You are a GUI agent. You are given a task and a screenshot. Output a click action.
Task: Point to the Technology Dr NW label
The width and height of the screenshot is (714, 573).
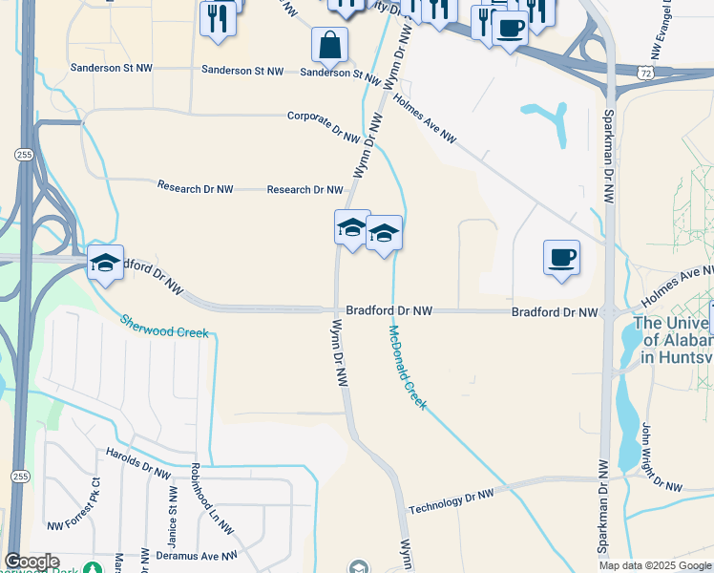click(x=451, y=502)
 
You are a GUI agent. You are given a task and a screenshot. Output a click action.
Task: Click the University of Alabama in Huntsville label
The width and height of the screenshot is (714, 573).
click(x=673, y=340)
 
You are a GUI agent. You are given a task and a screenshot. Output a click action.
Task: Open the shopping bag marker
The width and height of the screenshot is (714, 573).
click(x=329, y=45)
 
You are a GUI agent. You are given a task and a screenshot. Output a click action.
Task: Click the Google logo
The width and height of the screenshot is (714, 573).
click(x=31, y=562)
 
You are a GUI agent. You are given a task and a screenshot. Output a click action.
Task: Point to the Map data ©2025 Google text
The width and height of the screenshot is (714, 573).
click(x=655, y=565)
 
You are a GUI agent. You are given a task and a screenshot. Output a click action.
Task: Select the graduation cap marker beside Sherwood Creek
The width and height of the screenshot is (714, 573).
click(x=105, y=263)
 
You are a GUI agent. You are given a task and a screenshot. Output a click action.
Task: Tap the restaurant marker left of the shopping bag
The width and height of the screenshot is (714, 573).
click(x=218, y=18)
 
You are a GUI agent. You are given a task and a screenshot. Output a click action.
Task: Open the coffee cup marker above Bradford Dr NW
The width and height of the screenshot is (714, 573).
click(x=561, y=257)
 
